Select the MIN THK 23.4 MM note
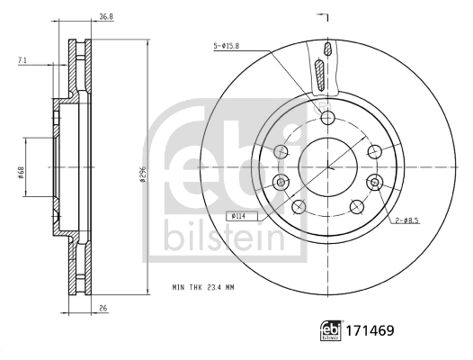point(204,287)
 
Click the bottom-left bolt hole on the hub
point(300,206)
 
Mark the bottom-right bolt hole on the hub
point(356,206)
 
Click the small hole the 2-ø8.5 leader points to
point(373,183)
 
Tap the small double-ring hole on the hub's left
point(282,184)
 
